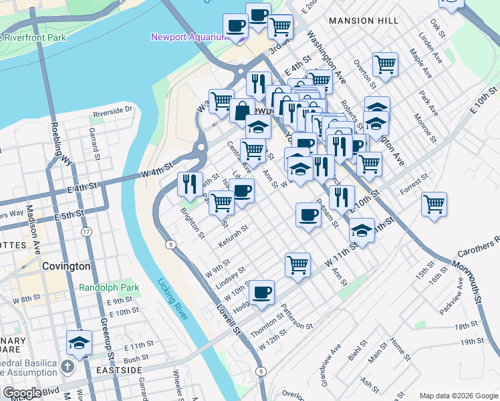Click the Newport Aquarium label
click(190, 37)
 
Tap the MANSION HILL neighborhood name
click(360, 21)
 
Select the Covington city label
click(66, 266)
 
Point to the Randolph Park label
click(109, 287)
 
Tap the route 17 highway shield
click(86, 231)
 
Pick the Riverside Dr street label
click(113, 110)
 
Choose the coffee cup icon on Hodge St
click(261, 292)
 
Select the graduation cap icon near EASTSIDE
click(80, 343)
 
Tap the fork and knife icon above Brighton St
click(190, 182)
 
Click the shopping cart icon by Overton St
click(385, 64)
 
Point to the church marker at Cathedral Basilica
click(66, 366)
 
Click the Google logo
click(22, 393)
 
